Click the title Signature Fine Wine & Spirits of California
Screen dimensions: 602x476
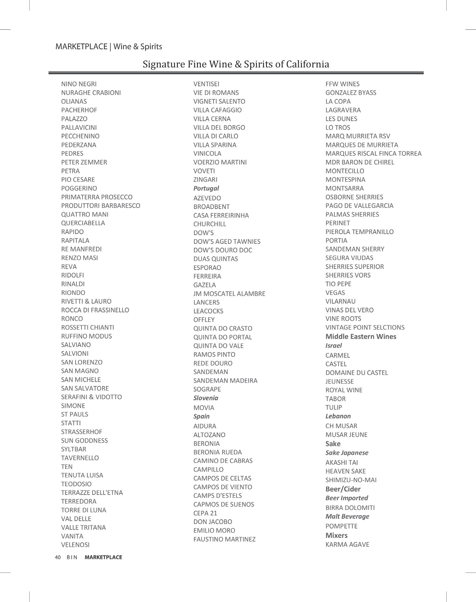(x=236, y=64)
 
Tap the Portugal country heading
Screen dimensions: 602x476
(x=206, y=188)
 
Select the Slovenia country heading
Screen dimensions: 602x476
(x=206, y=398)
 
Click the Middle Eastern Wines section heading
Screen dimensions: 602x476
(x=360, y=336)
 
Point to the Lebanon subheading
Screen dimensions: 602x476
(x=338, y=416)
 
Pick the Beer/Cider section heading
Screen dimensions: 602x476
(x=343, y=489)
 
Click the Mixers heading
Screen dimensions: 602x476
(x=336, y=535)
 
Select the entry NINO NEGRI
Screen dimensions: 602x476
(x=79, y=84)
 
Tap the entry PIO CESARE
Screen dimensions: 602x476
(x=78, y=180)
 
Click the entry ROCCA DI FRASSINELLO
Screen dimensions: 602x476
(x=95, y=310)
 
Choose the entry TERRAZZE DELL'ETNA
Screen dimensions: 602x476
(x=92, y=493)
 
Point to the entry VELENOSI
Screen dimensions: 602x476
(x=75, y=545)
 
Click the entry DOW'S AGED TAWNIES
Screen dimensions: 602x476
(x=227, y=242)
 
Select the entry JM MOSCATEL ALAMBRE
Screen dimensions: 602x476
(x=229, y=294)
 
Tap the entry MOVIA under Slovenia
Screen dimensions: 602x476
(x=204, y=408)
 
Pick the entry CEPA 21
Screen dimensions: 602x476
(x=205, y=513)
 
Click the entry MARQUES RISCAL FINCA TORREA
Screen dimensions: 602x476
(x=373, y=154)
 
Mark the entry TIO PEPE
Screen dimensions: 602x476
(x=338, y=284)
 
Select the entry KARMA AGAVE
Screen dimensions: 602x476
(x=347, y=544)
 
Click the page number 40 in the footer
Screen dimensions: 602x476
(x=58, y=557)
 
